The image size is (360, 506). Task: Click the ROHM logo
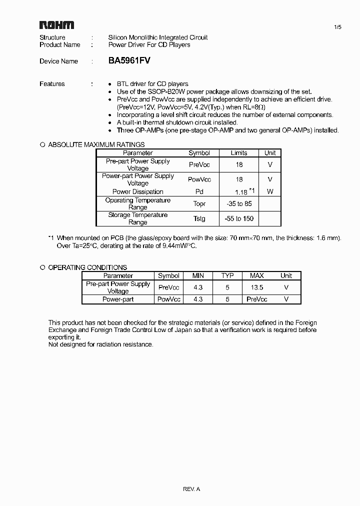tap(57, 25)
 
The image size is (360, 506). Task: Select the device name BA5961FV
tap(129, 60)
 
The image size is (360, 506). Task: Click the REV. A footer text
tap(191, 489)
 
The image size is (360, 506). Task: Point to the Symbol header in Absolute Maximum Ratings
tap(199, 153)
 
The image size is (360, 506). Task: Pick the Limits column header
tap(239, 153)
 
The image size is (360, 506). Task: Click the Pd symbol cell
tap(199, 191)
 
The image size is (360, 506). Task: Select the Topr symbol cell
tap(199, 204)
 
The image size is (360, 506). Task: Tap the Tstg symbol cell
tap(199, 218)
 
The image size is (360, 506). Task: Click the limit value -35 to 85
tap(239, 204)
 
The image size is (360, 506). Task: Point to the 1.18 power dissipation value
tap(241, 192)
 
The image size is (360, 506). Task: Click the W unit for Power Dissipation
tap(270, 191)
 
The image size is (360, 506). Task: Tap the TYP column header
tap(227, 275)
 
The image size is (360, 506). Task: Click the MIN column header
tap(198, 275)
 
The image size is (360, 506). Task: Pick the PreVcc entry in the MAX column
tap(256, 299)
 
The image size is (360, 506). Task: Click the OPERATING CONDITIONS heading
tap(87, 267)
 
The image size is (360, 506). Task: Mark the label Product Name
tap(60, 44)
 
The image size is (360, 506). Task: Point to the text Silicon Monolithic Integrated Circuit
tap(158, 37)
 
